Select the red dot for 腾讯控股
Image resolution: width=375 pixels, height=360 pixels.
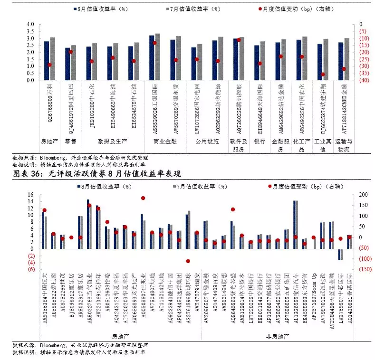tap(239, 40)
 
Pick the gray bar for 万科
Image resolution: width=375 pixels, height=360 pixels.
tap(52, 58)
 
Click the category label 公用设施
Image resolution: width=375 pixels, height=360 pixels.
tap(207, 141)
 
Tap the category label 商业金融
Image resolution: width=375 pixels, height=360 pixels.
tap(164, 141)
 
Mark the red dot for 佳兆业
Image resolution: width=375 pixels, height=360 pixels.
tap(143, 198)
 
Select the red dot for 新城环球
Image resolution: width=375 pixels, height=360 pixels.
tap(188, 261)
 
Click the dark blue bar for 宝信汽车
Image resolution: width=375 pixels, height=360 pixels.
tap(295, 224)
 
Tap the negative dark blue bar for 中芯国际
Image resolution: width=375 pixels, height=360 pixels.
tap(339, 254)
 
